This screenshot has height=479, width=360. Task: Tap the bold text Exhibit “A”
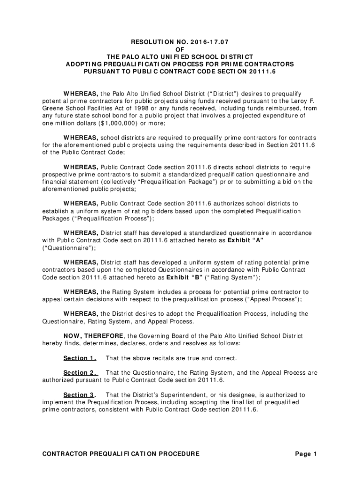coord(248,240)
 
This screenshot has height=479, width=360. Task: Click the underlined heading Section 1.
coord(80,358)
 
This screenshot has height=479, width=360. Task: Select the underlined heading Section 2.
coord(80,373)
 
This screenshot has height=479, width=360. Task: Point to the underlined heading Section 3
coord(80,395)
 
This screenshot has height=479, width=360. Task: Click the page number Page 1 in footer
coord(306,454)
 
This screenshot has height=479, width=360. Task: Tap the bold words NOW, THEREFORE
coord(94,336)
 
